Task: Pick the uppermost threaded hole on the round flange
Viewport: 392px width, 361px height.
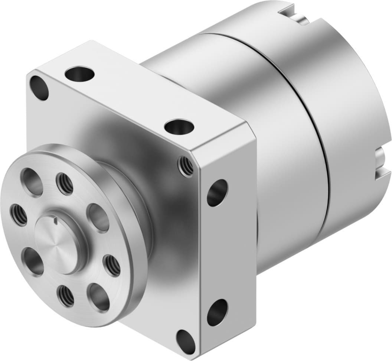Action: click(65, 183)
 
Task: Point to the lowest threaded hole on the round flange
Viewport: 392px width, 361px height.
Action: click(65, 296)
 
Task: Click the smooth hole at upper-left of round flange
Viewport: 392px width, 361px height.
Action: click(32, 182)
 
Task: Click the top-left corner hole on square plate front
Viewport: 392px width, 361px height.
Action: click(39, 88)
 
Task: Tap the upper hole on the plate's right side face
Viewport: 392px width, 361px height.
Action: click(217, 192)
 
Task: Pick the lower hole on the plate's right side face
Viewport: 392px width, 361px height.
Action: click(217, 312)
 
